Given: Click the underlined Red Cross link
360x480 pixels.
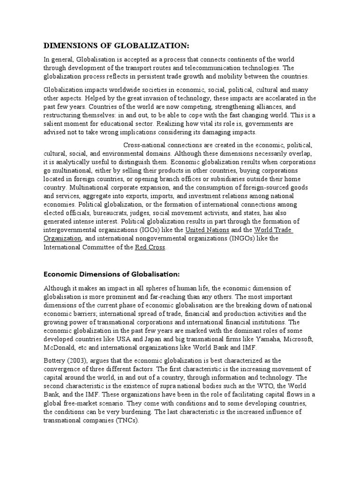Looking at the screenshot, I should [x=150, y=247].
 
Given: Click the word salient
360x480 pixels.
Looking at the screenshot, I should [x=55, y=124].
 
